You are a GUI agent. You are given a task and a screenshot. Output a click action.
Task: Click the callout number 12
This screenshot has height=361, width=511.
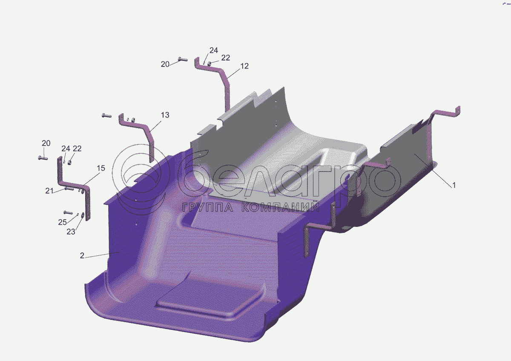pyautogui.click(x=244, y=66)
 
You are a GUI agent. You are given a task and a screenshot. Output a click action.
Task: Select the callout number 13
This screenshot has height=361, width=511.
pyautogui.click(x=165, y=115)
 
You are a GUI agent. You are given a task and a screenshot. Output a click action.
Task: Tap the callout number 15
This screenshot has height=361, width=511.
pyautogui.click(x=101, y=168)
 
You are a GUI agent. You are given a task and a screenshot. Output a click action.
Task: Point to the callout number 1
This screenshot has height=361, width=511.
pyautogui.click(x=454, y=185)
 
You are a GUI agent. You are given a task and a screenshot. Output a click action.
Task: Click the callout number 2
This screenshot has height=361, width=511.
pyautogui.click(x=82, y=255)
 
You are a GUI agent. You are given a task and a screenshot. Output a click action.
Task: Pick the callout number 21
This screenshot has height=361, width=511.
pyautogui.click(x=49, y=191)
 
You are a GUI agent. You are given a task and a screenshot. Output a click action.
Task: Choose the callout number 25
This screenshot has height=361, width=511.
pyautogui.click(x=62, y=222)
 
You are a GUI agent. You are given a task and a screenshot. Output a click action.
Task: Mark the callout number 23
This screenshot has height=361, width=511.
pyautogui.click(x=71, y=232)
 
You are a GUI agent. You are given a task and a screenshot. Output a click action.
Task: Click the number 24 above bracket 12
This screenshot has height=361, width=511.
pyautogui.click(x=214, y=50)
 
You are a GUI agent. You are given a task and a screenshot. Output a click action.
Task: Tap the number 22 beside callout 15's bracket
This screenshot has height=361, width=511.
pyautogui.click(x=77, y=149)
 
